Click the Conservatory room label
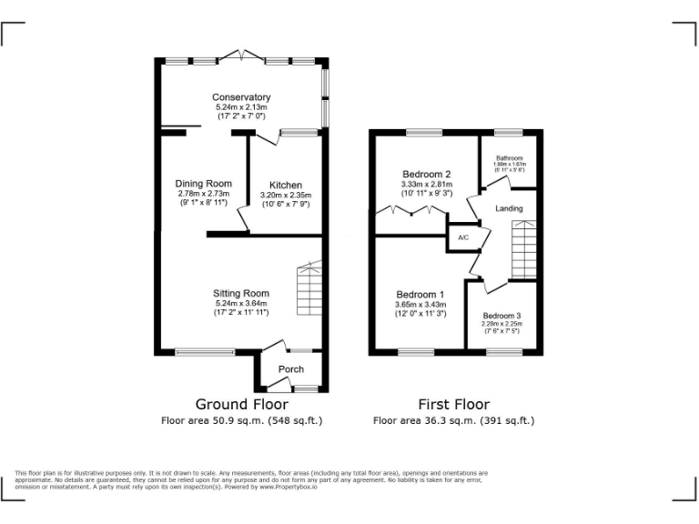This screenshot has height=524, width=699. (241, 97)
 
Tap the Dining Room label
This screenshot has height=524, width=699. (204, 184)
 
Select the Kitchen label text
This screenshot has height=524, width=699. (286, 186)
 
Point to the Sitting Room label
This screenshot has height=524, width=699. (241, 293)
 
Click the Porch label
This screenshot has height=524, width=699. (290, 369)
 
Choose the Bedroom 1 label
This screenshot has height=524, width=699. (420, 295)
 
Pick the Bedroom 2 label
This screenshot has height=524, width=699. (427, 175)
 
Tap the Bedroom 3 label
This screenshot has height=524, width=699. (501, 316)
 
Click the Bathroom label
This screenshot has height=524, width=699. (510, 157)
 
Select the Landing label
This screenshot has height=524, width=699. (509, 209)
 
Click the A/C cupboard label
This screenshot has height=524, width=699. (462, 238)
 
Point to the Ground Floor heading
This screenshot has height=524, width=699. (242, 404)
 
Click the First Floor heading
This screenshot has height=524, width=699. (453, 404)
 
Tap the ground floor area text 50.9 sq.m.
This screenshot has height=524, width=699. (242, 420)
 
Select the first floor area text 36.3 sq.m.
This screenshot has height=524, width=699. (453, 420)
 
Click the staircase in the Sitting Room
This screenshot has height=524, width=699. (309, 290)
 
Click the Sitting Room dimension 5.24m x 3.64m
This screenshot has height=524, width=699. (241, 303)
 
